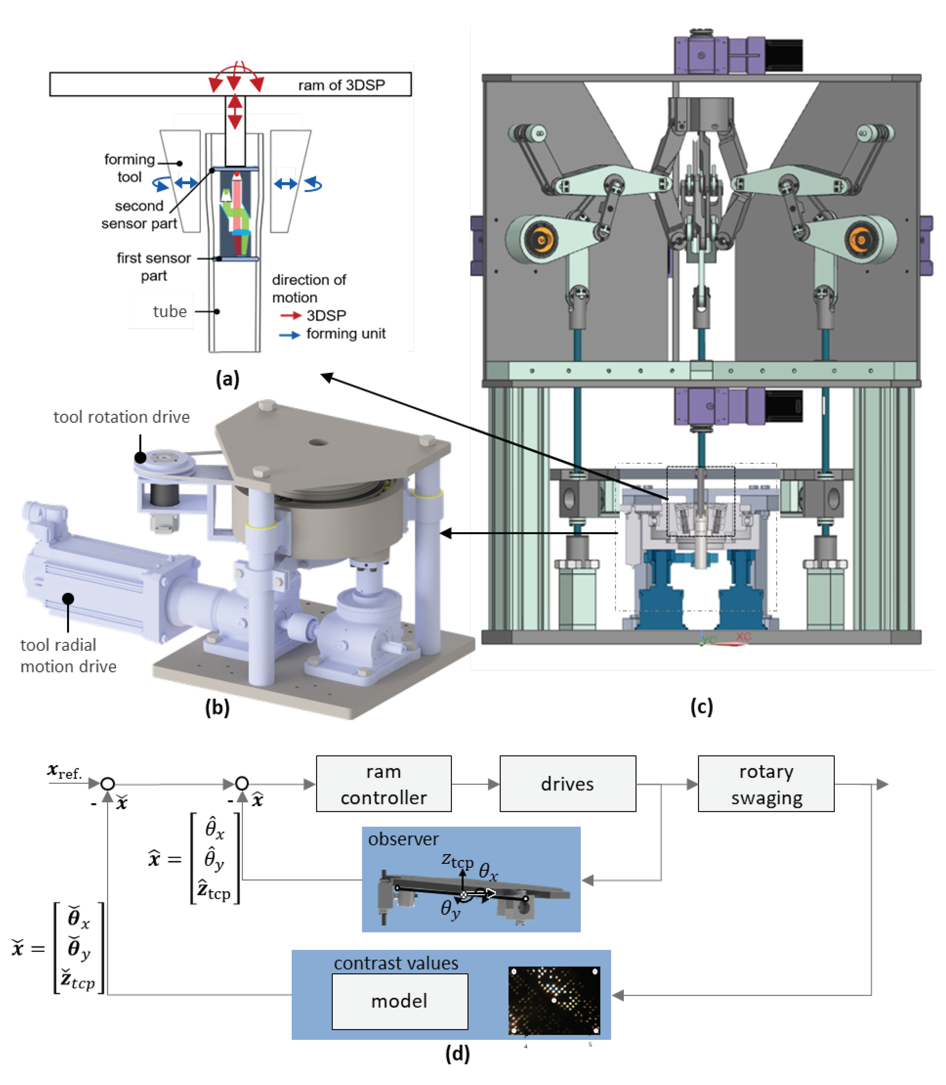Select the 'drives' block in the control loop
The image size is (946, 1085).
click(x=567, y=784)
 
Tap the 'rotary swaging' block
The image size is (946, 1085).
click(x=766, y=784)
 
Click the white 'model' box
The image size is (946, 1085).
click(x=400, y=1001)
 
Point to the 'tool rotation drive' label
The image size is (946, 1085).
click(x=121, y=417)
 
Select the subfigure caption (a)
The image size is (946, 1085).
click(x=228, y=379)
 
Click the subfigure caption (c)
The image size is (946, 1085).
click(x=702, y=706)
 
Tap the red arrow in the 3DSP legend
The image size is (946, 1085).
click(x=290, y=315)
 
